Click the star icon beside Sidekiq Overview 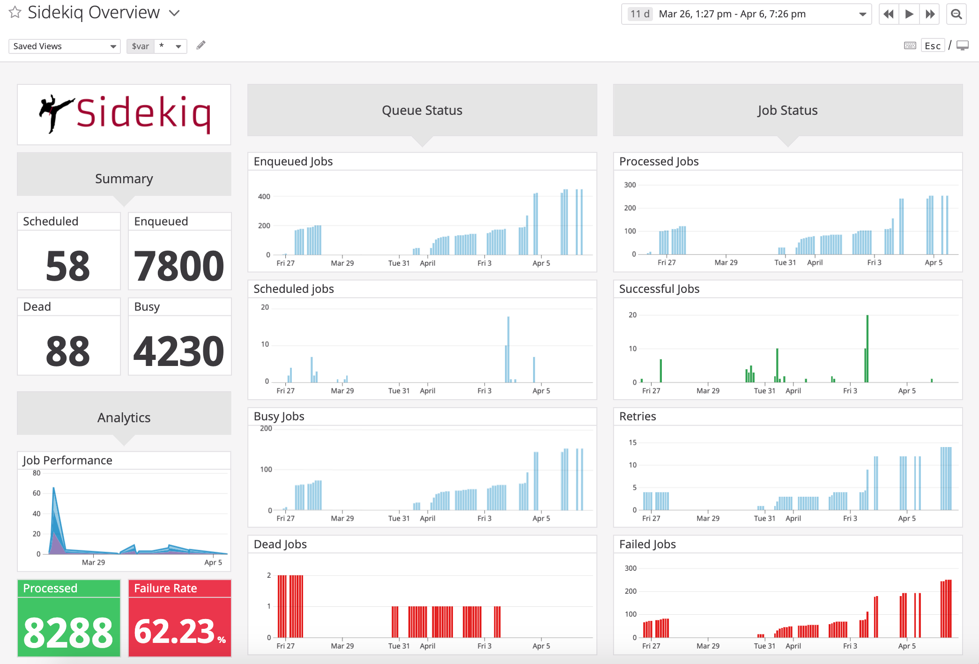coord(15,12)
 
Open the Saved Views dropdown coord(64,46)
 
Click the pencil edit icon coord(201,45)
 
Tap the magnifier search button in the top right coord(957,14)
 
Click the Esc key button coord(932,46)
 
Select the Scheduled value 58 coord(68,266)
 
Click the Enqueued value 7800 coord(179,266)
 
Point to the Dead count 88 coord(68,351)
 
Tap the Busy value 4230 coord(179,351)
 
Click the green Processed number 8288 coord(68,633)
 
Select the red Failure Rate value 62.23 coord(175,632)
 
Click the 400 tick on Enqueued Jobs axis coord(264,197)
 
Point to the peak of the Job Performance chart coord(54,489)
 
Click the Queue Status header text coord(422,111)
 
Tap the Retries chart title coord(638,417)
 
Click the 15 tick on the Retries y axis coord(632,442)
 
